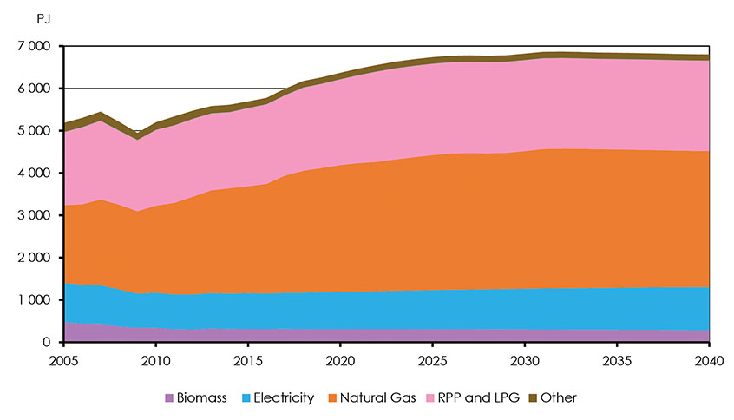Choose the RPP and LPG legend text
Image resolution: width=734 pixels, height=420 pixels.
point(490,397)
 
